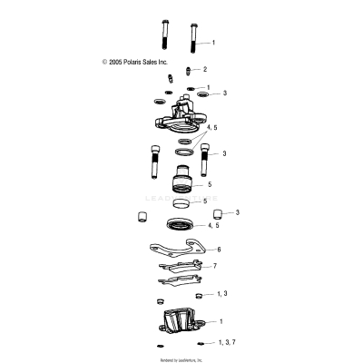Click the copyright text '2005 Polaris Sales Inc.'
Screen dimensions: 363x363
click(x=136, y=63)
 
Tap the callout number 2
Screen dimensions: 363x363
click(x=205, y=69)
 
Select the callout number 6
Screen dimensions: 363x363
click(x=218, y=248)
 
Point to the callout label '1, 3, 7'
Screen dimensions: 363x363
click(x=228, y=342)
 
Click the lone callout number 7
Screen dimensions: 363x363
click(x=215, y=266)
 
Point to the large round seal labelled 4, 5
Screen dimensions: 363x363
click(x=183, y=223)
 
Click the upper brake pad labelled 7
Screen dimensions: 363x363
click(x=181, y=266)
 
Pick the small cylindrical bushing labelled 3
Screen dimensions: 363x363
click(x=219, y=214)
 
